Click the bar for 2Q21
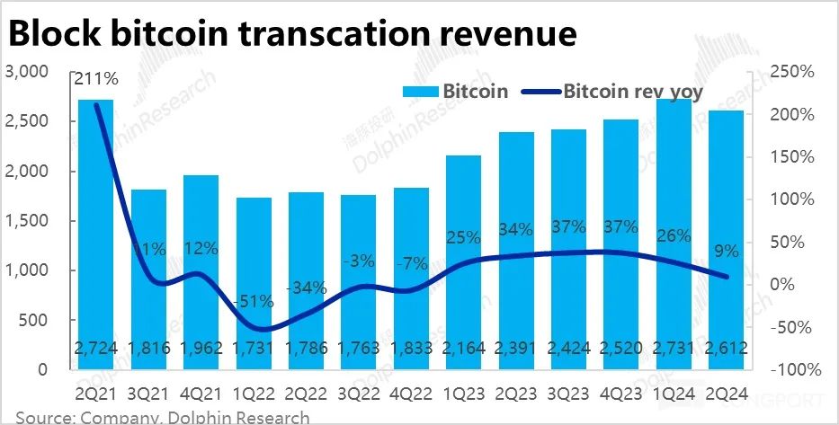[x=96, y=234]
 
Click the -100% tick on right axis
[x=795, y=369]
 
